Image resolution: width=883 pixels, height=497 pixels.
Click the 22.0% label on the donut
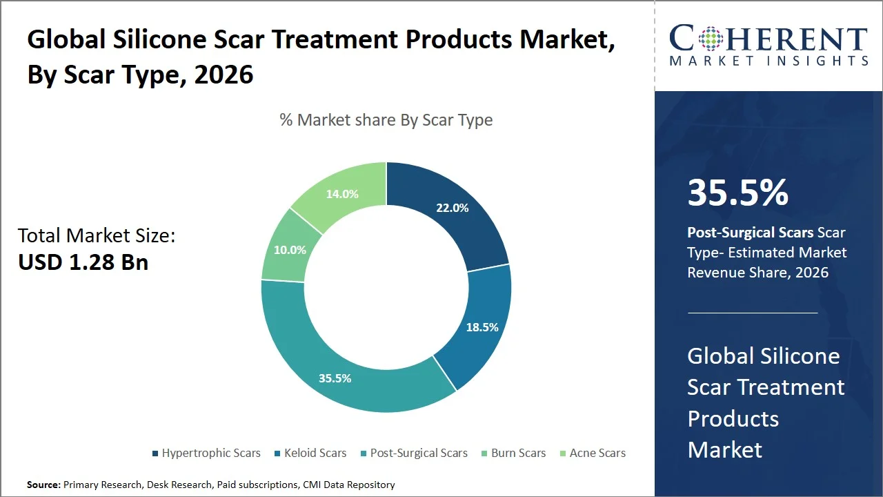[x=452, y=208]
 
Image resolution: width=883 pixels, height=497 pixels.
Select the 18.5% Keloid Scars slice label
[x=482, y=327]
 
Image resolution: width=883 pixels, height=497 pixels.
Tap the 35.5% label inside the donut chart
[x=335, y=378]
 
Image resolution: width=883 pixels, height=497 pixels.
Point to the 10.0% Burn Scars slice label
[x=290, y=250]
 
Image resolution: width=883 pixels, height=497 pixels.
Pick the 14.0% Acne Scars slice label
[x=342, y=195]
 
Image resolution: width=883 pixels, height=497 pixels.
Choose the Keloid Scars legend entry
[x=315, y=454]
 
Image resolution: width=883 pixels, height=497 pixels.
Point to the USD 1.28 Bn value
[x=83, y=262]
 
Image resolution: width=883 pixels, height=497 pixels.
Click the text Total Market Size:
[x=97, y=236]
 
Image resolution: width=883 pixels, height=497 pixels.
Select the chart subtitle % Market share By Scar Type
[x=386, y=120]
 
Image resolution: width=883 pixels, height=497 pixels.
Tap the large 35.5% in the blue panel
[x=737, y=193]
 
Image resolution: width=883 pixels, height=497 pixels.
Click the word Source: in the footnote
[x=43, y=485]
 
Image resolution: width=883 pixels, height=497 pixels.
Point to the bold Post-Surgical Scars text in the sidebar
[x=750, y=233]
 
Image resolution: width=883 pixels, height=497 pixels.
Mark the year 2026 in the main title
[x=224, y=75]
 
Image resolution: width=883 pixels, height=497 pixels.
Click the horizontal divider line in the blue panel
[x=752, y=313]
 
